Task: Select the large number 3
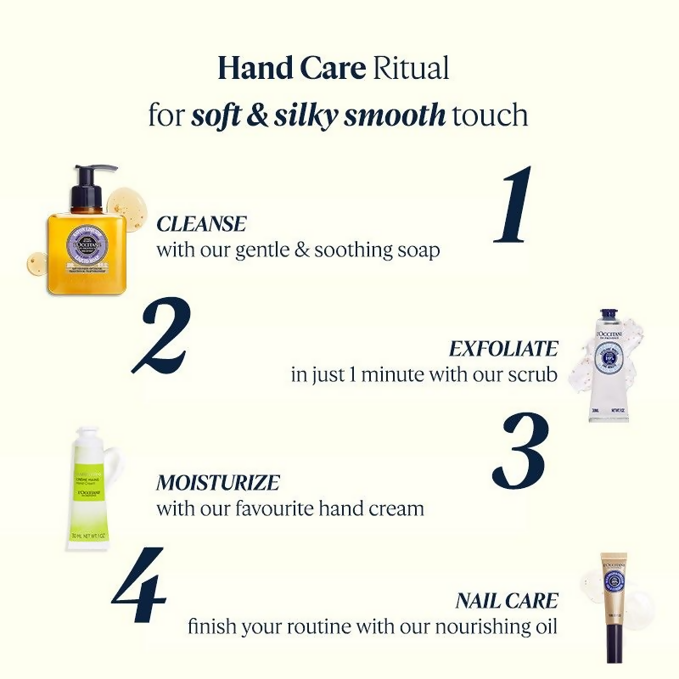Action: [x=519, y=450]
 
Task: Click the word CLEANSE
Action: [x=201, y=225]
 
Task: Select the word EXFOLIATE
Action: [x=503, y=349]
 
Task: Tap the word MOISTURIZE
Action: [x=218, y=483]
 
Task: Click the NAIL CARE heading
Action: [x=507, y=602]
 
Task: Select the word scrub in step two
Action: [x=535, y=374]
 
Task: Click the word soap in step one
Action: [x=418, y=250]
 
